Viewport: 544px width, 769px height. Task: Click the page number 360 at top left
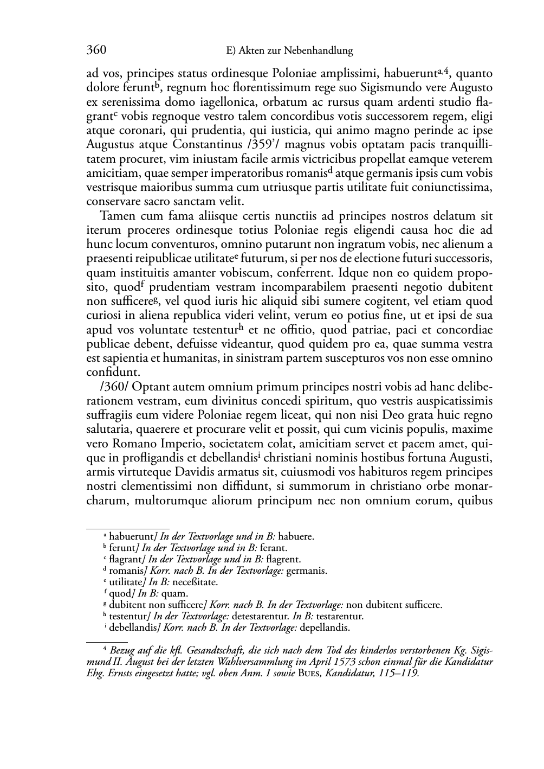point(96,50)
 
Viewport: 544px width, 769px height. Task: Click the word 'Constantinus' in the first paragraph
point(206,145)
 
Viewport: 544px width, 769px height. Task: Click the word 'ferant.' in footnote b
point(274,548)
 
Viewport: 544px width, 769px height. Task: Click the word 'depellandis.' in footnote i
point(325,628)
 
